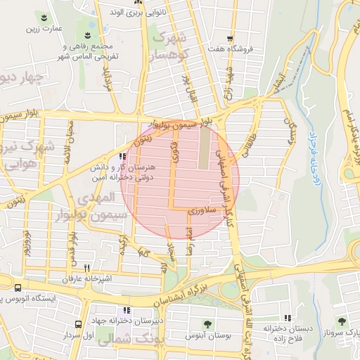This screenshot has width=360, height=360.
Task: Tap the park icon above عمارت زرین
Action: [44, 17]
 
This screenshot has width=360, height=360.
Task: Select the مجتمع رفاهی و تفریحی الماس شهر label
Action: [91, 51]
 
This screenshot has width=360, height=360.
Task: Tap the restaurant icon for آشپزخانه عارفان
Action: [87, 268]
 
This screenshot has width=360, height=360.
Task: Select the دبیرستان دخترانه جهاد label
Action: [125, 321]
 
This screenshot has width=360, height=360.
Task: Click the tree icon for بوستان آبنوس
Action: [208, 323]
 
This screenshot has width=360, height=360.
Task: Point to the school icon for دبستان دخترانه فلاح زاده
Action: [288, 317]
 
